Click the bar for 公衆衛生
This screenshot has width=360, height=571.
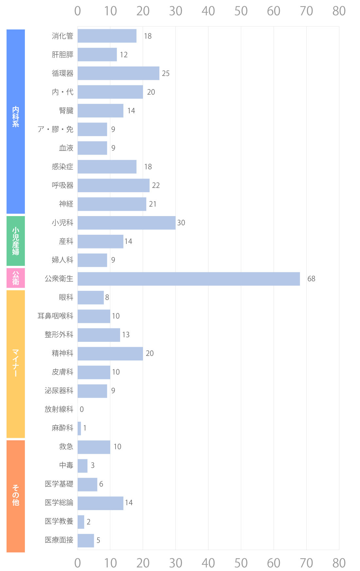click(189, 279)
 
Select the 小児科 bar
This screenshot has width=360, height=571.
click(126, 223)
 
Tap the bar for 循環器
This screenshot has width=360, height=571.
click(118, 73)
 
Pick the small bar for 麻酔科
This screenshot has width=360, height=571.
click(79, 428)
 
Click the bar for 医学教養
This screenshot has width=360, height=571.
click(81, 522)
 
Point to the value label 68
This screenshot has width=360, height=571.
click(311, 279)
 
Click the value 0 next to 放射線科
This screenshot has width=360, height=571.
click(82, 410)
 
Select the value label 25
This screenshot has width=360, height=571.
click(166, 74)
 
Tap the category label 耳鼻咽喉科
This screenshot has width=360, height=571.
click(55, 316)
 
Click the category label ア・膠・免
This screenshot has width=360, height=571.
click(55, 129)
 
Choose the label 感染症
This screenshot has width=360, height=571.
click(63, 167)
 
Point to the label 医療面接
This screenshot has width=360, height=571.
click(59, 540)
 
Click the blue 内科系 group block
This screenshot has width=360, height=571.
click(16, 121)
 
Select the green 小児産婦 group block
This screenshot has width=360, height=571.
click(16, 241)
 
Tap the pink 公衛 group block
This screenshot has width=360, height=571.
click(16, 278)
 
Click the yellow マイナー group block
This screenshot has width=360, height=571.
click(16, 364)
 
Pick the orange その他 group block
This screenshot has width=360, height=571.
click(16, 496)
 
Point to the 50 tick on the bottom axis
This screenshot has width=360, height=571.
click(241, 563)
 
